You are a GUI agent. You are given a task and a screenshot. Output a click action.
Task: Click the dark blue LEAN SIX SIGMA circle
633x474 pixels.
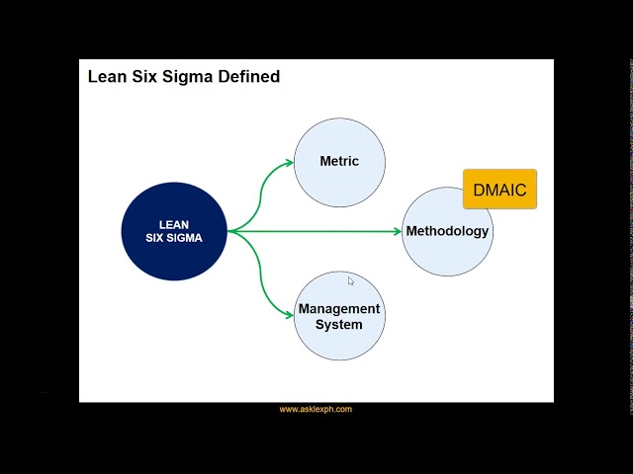coord(174,231)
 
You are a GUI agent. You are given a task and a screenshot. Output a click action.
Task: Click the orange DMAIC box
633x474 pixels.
coord(499,189)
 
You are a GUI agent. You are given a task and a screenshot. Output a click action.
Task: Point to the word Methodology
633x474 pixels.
coord(447,231)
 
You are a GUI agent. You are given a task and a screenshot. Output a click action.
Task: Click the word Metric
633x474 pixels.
coord(339,161)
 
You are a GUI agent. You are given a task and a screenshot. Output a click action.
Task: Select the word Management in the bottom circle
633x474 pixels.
coord(339,309)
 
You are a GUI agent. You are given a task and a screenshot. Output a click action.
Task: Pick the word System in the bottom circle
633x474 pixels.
coord(339,325)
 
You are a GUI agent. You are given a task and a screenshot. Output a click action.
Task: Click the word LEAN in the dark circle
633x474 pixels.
coord(174,225)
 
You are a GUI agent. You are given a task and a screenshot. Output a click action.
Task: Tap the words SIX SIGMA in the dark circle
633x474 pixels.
coord(174,238)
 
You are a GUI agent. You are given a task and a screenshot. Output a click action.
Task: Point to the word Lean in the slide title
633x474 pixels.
coord(107,76)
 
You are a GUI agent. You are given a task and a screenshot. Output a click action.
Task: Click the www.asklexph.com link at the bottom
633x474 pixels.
coord(316,409)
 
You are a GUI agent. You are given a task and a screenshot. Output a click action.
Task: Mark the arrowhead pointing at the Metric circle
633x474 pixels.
coord(289,162)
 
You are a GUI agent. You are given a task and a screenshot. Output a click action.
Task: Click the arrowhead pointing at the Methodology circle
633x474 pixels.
coord(397,231)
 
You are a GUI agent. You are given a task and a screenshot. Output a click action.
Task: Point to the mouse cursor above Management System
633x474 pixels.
coord(350,281)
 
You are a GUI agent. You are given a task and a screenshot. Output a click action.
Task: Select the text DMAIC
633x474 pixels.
coord(499,190)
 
